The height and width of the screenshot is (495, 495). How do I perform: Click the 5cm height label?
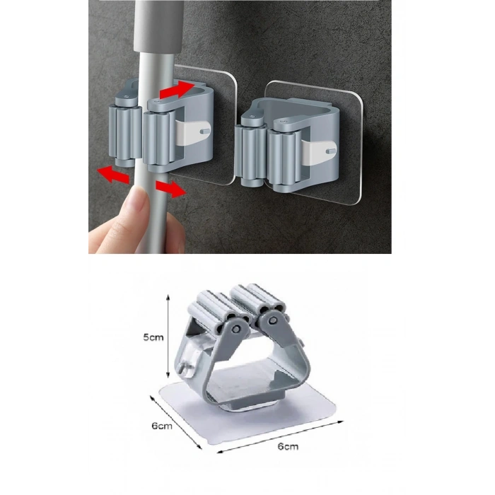(153, 337)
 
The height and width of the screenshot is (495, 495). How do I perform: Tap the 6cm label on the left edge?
(162, 426)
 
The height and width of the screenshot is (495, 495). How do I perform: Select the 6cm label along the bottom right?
(288, 446)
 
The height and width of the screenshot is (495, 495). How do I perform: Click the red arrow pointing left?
(113, 174)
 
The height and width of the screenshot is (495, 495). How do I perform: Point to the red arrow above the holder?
(177, 89)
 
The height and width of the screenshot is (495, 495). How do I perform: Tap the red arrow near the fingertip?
(170, 189)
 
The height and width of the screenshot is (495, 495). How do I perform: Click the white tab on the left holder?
(192, 132)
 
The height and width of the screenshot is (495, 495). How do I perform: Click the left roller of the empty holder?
(250, 156)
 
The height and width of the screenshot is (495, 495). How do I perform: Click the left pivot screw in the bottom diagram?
(235, 329)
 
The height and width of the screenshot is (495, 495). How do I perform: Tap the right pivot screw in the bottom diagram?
(273, 321)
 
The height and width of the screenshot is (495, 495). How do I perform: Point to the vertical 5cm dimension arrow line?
(168, 336)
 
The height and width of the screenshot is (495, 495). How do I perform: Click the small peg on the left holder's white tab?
(205, 131)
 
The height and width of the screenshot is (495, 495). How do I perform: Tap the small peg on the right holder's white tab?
(331, 151)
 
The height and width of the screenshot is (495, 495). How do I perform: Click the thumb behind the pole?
(175, 232)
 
